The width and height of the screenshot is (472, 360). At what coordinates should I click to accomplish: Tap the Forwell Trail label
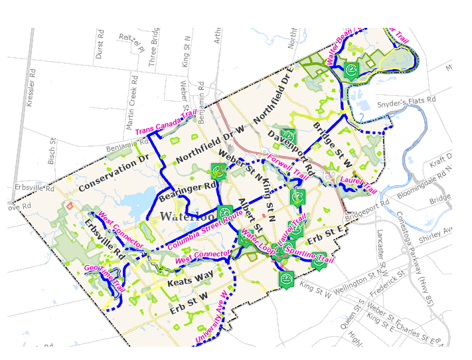(x=288, y=167)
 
